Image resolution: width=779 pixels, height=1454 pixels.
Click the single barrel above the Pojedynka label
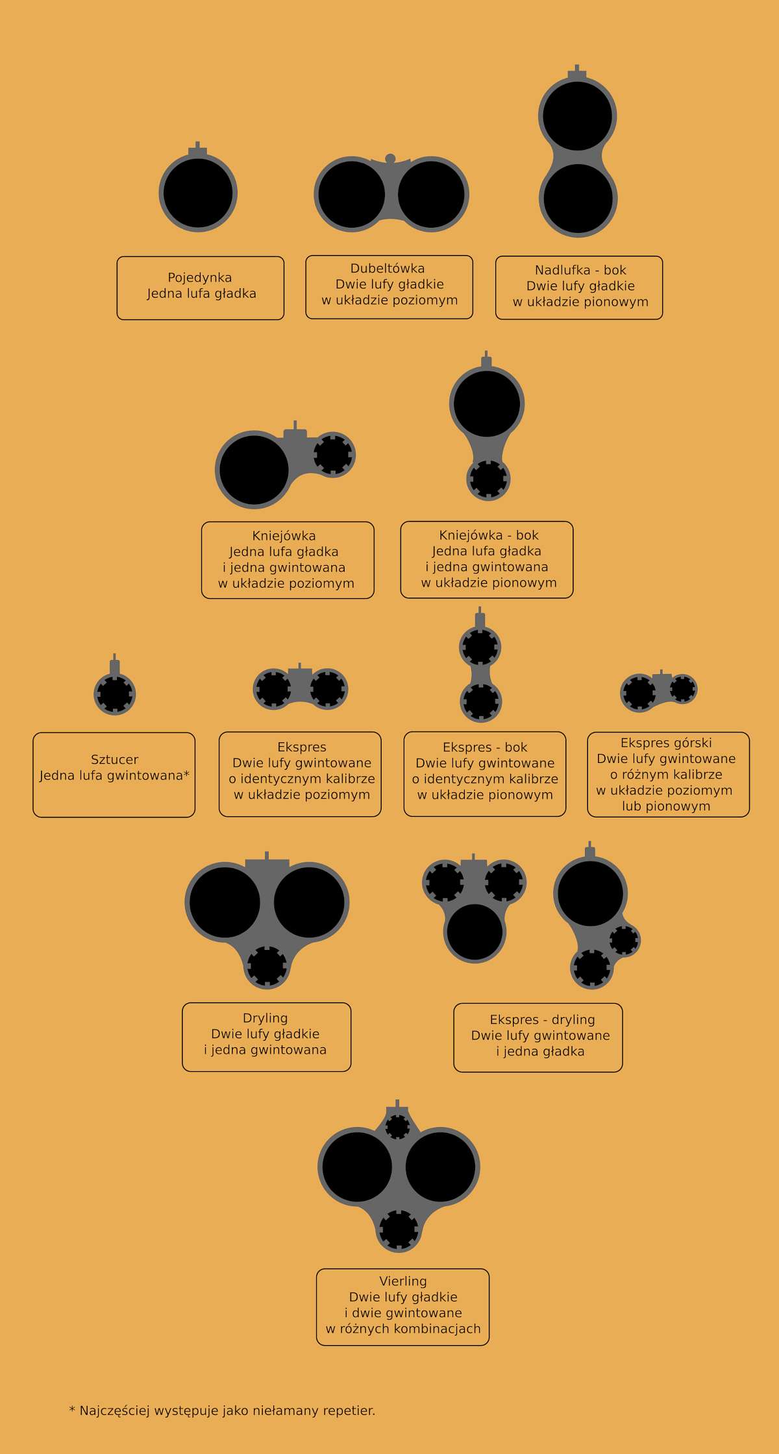point(198,193)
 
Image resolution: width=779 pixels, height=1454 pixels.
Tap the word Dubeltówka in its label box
point(388,268)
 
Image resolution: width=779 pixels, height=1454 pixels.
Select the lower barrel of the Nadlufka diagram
point(578,199)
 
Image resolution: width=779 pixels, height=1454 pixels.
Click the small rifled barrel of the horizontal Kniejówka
point(333,454)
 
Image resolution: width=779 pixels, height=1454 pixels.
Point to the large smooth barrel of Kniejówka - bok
point(487,404)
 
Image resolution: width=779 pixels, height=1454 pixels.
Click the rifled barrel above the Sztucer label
point(115,694)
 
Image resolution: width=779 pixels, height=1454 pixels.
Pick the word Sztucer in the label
point(114,759)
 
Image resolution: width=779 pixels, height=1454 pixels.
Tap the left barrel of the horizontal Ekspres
point(273,688)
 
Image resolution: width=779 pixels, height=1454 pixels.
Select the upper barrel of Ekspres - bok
point(480,647)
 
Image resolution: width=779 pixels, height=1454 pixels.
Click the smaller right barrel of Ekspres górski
point(682,688)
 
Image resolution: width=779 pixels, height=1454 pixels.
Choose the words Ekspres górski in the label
point(666,743)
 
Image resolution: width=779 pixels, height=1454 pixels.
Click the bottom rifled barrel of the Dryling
point(267,966)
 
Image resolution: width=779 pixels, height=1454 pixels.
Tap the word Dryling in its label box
point(265,1018)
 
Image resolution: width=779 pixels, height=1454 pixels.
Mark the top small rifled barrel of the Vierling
point(397,1126)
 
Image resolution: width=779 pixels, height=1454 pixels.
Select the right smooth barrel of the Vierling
point(441,1167)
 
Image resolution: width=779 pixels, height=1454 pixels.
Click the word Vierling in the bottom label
point(403,1281)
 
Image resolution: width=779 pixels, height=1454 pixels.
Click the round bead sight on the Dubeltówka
point(390,158)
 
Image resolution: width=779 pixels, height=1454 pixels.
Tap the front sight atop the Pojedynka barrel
point(198,149)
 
